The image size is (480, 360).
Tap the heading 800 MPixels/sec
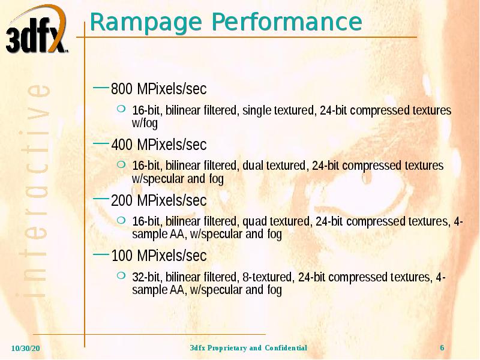tap(159, 89)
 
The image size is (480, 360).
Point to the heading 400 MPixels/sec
tap(159, 145)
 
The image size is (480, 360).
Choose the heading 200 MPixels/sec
tap(159, 200)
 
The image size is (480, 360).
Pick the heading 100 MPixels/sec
tap(159, 256)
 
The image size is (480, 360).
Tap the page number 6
tap(442, 349)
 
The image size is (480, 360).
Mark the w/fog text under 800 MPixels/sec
tap(145, 124)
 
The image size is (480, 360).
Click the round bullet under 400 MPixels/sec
tap(121, 164)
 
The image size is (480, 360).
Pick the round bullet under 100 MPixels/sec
tap(121, 275)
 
